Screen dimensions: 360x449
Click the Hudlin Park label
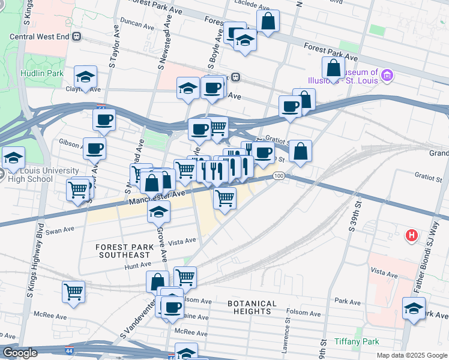34,73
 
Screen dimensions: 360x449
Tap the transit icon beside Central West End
76,36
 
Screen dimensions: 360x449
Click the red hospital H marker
411,234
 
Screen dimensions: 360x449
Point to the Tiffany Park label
357,341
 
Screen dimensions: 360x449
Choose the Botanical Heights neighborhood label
252,308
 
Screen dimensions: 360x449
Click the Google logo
20,353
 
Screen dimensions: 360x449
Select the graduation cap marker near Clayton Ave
86,77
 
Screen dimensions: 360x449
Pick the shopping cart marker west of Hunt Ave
74,292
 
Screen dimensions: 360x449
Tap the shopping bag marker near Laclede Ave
268,21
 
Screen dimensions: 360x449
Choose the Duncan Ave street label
137,25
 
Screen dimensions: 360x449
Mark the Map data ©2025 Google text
411,355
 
